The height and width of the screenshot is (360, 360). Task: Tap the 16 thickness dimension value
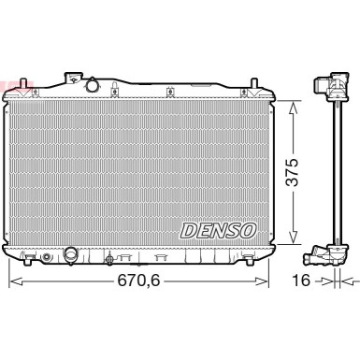302,281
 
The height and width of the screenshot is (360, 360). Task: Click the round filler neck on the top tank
93,86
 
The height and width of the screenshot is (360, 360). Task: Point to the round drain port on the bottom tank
71,253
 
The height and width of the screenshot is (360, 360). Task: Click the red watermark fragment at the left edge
5,87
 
